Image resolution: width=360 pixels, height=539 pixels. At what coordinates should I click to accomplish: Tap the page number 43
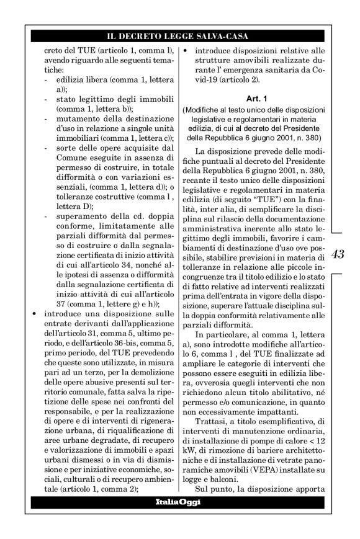(x=339, y=254)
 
